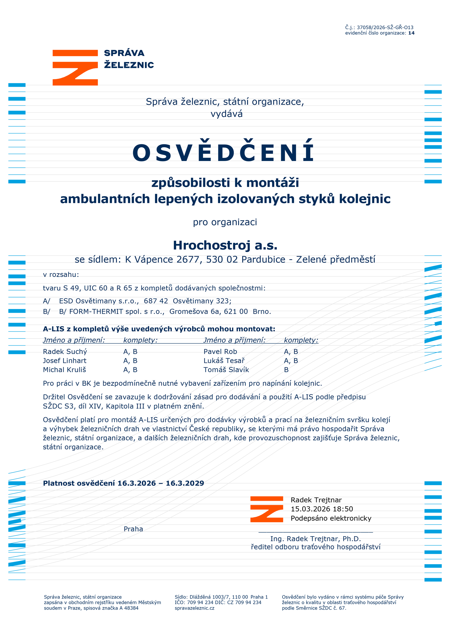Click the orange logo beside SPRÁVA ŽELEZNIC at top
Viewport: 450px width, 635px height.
click(75, 67)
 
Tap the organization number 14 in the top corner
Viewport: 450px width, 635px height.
click(411, 33)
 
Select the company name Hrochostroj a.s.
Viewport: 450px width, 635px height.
click(225, 245)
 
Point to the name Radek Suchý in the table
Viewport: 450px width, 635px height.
click(65, 351)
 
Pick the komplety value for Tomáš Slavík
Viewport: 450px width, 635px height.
click(286, 370)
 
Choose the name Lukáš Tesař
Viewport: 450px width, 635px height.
click(224, 361)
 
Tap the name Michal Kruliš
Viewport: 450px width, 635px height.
click(65, 370)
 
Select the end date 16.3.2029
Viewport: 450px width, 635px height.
click(185, 483)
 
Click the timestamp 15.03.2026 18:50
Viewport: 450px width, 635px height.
click(322, 509)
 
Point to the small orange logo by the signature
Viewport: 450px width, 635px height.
click(266, 509)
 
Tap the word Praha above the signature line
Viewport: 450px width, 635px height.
click(133, 529)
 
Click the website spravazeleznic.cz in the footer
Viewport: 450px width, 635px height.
click(194, 608)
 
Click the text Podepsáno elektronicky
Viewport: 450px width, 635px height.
click(331, 518)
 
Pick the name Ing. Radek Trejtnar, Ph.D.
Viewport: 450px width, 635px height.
click(315, 539)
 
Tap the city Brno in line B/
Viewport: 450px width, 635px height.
click(262, 311)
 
